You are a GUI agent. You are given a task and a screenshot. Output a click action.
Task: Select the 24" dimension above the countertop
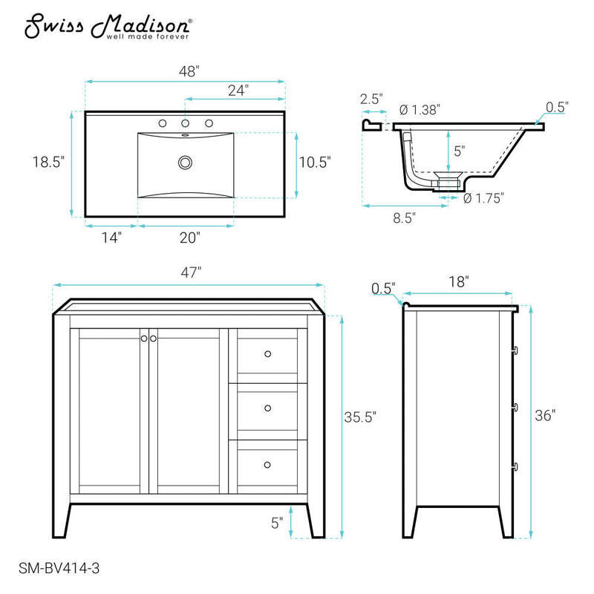[x=238, y=90]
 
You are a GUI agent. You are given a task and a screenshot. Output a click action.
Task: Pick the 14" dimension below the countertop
[x=111, y=238]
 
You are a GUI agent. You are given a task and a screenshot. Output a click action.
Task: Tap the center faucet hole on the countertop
[x=185, y=123]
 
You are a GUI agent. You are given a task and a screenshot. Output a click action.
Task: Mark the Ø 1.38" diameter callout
[x=420, y=109]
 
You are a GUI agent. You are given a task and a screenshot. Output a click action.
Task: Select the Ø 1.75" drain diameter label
[x=484, y=198]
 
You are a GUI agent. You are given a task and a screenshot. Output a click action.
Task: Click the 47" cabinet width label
[x=190, y=272]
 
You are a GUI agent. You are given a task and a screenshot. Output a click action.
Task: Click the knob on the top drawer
[x=267, y=353]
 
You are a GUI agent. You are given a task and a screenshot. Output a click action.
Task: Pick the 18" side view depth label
[x=459, y=281]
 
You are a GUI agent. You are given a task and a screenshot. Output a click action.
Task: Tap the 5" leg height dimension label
[x=278, y=522]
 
